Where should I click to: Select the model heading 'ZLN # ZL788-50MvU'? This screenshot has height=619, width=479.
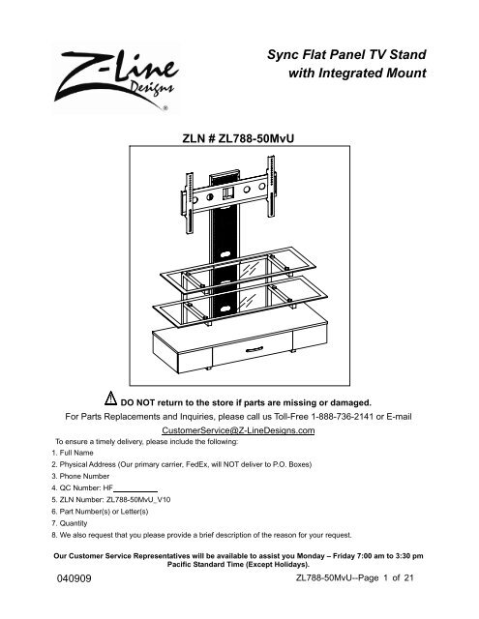point(239,140)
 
